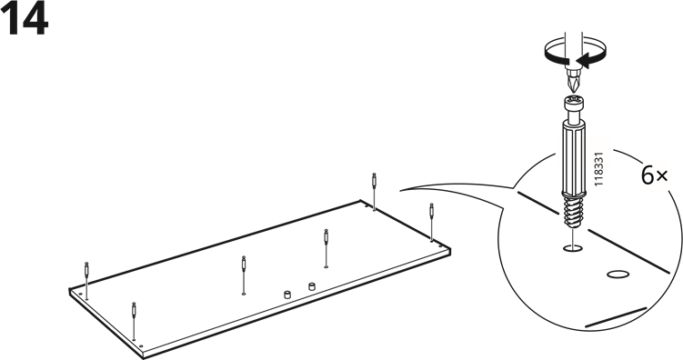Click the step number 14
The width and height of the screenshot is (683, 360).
click(24, 19)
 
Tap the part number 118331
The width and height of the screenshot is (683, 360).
click(598, 169)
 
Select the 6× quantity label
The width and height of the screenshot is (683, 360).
click(654, 175)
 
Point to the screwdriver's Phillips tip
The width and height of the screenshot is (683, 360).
click(573, 82)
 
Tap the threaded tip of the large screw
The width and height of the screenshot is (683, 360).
click(571, 212)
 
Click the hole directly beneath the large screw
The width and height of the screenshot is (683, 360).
click(572, 248)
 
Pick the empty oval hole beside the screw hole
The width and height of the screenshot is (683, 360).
click(618, 275)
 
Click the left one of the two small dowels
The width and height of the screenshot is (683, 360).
click(287, 295)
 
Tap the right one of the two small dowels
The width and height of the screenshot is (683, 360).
click(311, 286)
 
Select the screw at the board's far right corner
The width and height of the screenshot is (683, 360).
click(432, 222)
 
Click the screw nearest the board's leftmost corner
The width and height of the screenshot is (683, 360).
click(86, 281)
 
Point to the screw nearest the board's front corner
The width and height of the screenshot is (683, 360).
click(135, 321)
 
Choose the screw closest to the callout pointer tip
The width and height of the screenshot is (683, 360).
click(374, 192)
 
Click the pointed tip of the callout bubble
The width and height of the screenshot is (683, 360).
click(401, 190)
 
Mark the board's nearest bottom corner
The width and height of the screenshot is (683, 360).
click(144, 357)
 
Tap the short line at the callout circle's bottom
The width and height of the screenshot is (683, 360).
click(616, 317)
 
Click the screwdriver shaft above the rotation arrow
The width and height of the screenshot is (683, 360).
click(574, 41)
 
